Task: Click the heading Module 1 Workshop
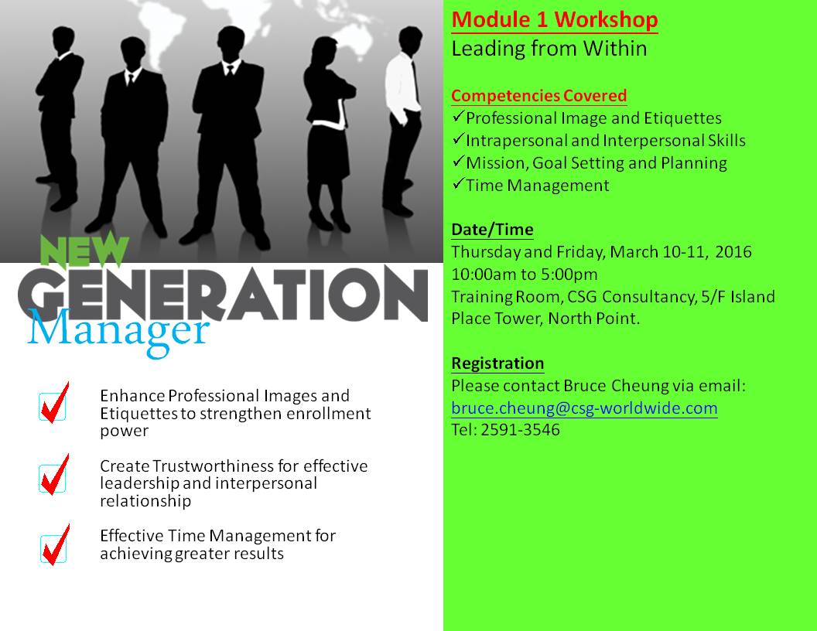pos(555,20)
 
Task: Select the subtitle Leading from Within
pos(549,49)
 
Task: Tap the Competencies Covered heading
pos(538,96)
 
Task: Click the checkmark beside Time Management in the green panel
pos(458,184)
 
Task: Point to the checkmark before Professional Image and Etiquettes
pos(458,117)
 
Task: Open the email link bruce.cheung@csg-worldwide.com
pos(584,408)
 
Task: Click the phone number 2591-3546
pos(520,430)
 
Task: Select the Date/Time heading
pos(492,230)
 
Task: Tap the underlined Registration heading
pos(497,363)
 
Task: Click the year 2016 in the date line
pos(733,252)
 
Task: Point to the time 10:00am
pos(478,275)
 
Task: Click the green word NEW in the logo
pos(84,251)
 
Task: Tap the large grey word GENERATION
pos(223,293)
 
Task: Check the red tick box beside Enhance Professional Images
pos(54,403)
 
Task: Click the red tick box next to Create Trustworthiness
pos(54,475)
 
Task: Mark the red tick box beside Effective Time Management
pos(55,545)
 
